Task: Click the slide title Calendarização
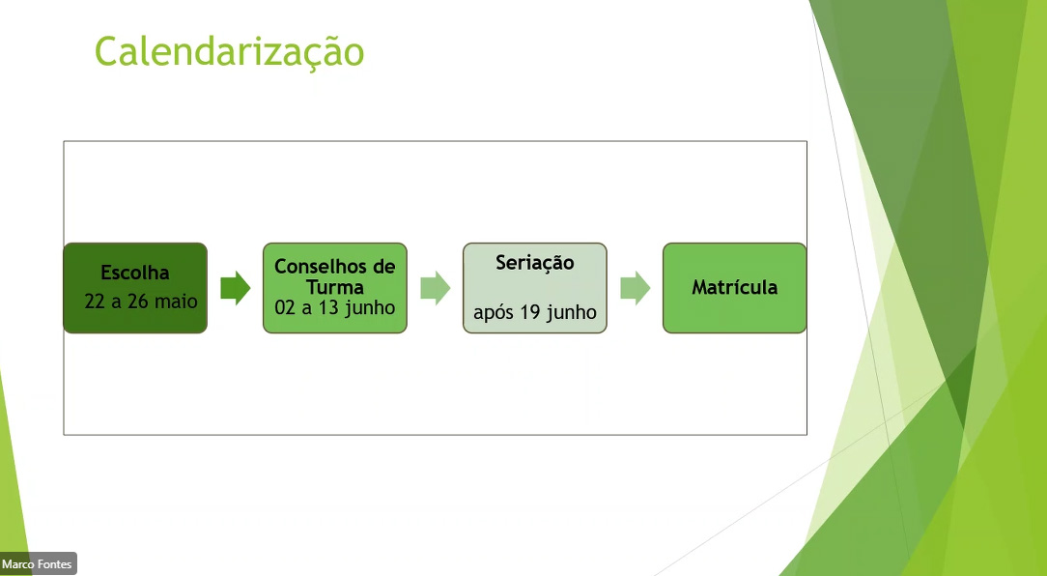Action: tap(229, 52)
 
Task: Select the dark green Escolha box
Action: tap(135, 288)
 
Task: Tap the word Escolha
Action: tap(135, 273)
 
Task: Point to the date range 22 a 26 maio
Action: tap(141, 302)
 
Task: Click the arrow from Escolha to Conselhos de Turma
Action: tap(235, 288)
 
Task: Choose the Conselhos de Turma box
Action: tap(334, 288)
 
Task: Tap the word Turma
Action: tap(335, 287)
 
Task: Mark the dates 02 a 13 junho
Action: tap(334, 308)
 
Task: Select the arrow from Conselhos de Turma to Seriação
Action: tap(436, 288)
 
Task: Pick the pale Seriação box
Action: tap(535, 288)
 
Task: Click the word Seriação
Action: tap(535, 263)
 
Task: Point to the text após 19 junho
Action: tap(535, 312)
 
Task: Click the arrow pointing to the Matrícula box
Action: tap(635, 288)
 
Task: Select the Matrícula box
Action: tap(734, 288)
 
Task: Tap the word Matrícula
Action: tap(734, 287)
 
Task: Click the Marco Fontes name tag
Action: tap(38, 564)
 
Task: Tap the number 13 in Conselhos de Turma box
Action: tap(327, 307)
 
